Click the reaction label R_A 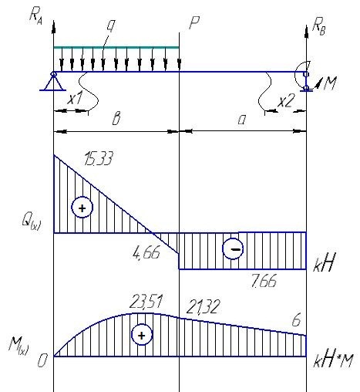pos(36,17)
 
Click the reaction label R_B pos(319,27)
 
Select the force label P pos(194,22)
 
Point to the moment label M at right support pos(330,83)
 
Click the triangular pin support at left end pos(53,81)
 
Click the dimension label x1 pos(75,98)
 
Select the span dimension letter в pos(116,119)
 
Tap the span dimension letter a pos(241,120)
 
